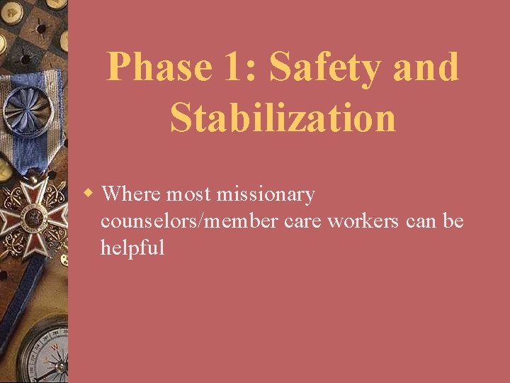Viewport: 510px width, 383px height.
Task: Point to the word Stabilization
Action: pos(283,117)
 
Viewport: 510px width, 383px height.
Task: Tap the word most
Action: pos(189,194)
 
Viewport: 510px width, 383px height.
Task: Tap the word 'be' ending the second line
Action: pos(453,221)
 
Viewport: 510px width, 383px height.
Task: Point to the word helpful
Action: pos(132,248)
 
